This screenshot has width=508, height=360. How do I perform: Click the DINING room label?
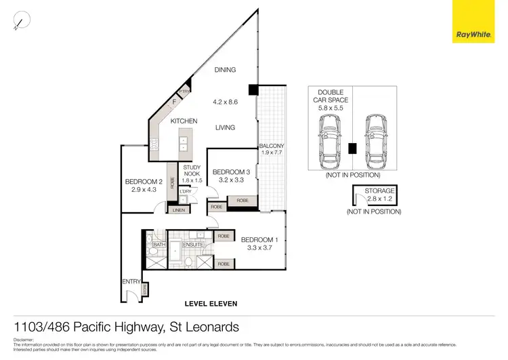pos(225,70)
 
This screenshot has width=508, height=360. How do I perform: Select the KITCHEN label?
pos(184,121)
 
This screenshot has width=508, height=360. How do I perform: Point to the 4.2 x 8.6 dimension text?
pos(226,103)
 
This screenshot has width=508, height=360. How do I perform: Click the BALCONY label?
pos(271,146)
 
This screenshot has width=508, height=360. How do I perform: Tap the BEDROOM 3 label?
pos(231,173)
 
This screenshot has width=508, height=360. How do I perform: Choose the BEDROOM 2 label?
pos(144,182)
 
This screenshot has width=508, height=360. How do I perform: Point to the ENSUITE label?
pos(184,244)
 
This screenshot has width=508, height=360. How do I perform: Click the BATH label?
pos(159,244)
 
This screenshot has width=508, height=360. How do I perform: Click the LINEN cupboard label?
pos(159,211)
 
